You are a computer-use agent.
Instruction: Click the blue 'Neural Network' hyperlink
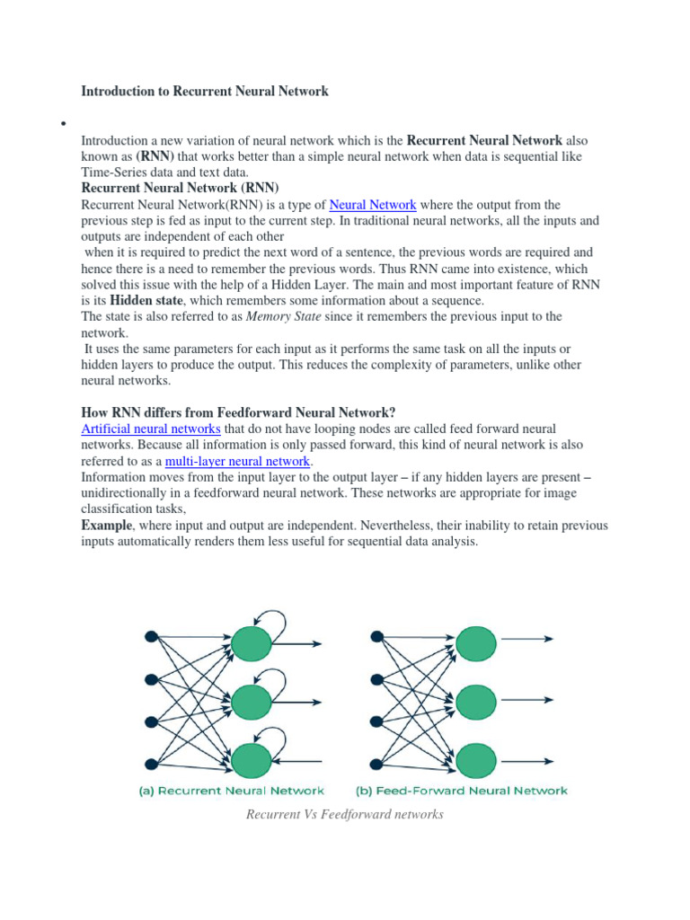pos(373,205)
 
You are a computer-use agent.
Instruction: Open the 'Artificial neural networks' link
pos(151,429)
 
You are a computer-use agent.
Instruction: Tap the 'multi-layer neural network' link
pos(238,461)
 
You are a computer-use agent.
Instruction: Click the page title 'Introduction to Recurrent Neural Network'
pos(205,91)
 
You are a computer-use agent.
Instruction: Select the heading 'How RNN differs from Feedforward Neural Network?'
pos(238,412)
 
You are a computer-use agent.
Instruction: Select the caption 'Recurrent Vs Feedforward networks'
pos(345,814)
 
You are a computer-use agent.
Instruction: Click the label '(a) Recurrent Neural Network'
pos(231,791)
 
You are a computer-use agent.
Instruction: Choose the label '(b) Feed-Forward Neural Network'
pos(463,791)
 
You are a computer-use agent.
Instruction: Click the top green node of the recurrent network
pos(251,643)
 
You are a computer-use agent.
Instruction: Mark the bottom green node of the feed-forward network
pos(475,760)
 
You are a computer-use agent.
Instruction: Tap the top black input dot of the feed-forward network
pos(376,637)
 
